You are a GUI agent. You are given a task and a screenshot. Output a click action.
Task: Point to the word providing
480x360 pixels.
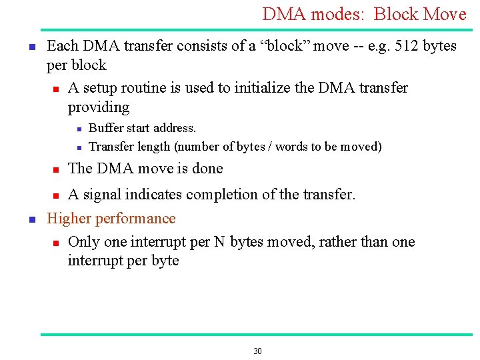[99, 107]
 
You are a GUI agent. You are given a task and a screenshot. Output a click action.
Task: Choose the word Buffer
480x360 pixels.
[105, 128]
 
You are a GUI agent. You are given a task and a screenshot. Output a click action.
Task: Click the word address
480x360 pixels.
[175, 128]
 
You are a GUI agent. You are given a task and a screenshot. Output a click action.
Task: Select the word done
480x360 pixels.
[207, 169]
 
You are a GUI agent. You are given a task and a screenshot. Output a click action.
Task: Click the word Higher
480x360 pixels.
[69, 219]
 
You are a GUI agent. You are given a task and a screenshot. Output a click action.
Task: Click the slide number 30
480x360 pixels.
[258, 351]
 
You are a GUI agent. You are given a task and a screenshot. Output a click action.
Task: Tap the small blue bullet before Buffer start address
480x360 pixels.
[77, 129]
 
